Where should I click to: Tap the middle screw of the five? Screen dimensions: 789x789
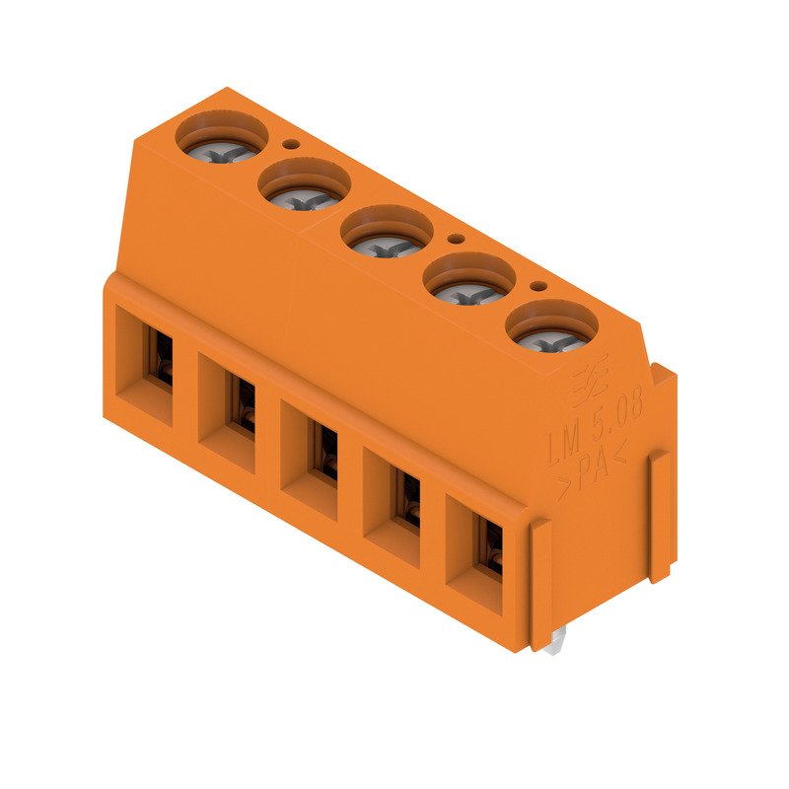pyautogui.click(x=387, y=235)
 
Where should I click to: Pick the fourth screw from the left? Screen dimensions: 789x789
pyautogui.click(x=469, y=283)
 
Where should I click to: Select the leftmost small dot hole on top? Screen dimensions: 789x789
pyautogui.click(x=290, y=143)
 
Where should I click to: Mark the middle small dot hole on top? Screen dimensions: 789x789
pyautogui.click(x=455, y=239)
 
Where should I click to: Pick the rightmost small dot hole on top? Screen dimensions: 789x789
pyautogui.click(x=538, y=287)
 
